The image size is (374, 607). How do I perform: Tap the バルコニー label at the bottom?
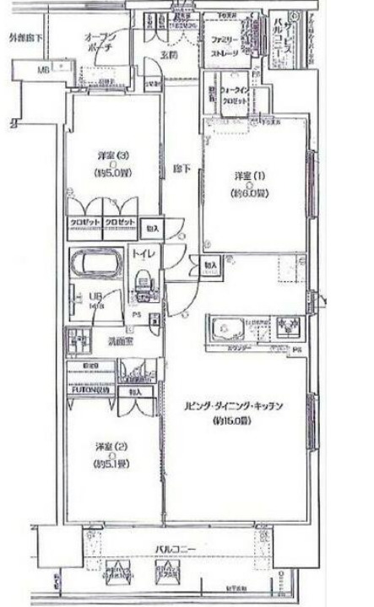pyautogui.click(x=175, y=550)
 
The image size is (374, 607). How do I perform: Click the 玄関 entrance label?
pyautogui.click(x=169, y=56)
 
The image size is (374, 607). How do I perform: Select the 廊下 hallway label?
pyautogui.click(x=180, y=167)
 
